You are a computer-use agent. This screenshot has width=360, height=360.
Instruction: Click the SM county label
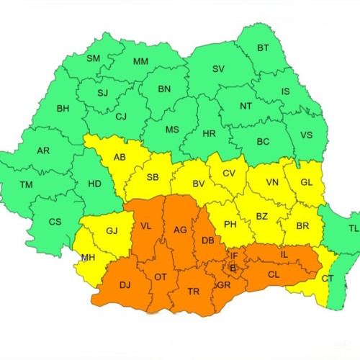94,58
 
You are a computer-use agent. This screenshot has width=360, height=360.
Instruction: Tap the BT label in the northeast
264,49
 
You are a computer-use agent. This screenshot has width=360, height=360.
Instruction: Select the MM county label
140,61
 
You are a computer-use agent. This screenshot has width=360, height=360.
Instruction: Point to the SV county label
218,69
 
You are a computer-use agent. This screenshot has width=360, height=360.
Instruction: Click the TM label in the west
26,185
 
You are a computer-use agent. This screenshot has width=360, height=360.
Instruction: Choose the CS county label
55,222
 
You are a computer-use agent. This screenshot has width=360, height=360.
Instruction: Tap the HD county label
94,184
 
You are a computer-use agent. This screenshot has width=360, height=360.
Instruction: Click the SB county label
153,177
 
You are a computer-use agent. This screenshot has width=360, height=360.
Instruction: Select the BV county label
198,185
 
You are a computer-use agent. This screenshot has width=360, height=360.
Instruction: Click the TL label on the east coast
353,228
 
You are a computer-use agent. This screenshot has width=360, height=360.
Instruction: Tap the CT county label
328,278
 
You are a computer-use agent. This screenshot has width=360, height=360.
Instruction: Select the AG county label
180,230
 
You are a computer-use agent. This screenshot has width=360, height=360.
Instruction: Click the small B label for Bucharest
233,268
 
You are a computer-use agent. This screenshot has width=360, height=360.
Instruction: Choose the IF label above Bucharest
234,255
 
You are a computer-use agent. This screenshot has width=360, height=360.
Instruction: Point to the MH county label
88,258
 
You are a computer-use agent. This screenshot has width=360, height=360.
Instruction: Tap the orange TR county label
193,292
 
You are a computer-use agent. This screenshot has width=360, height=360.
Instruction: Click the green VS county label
307,135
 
